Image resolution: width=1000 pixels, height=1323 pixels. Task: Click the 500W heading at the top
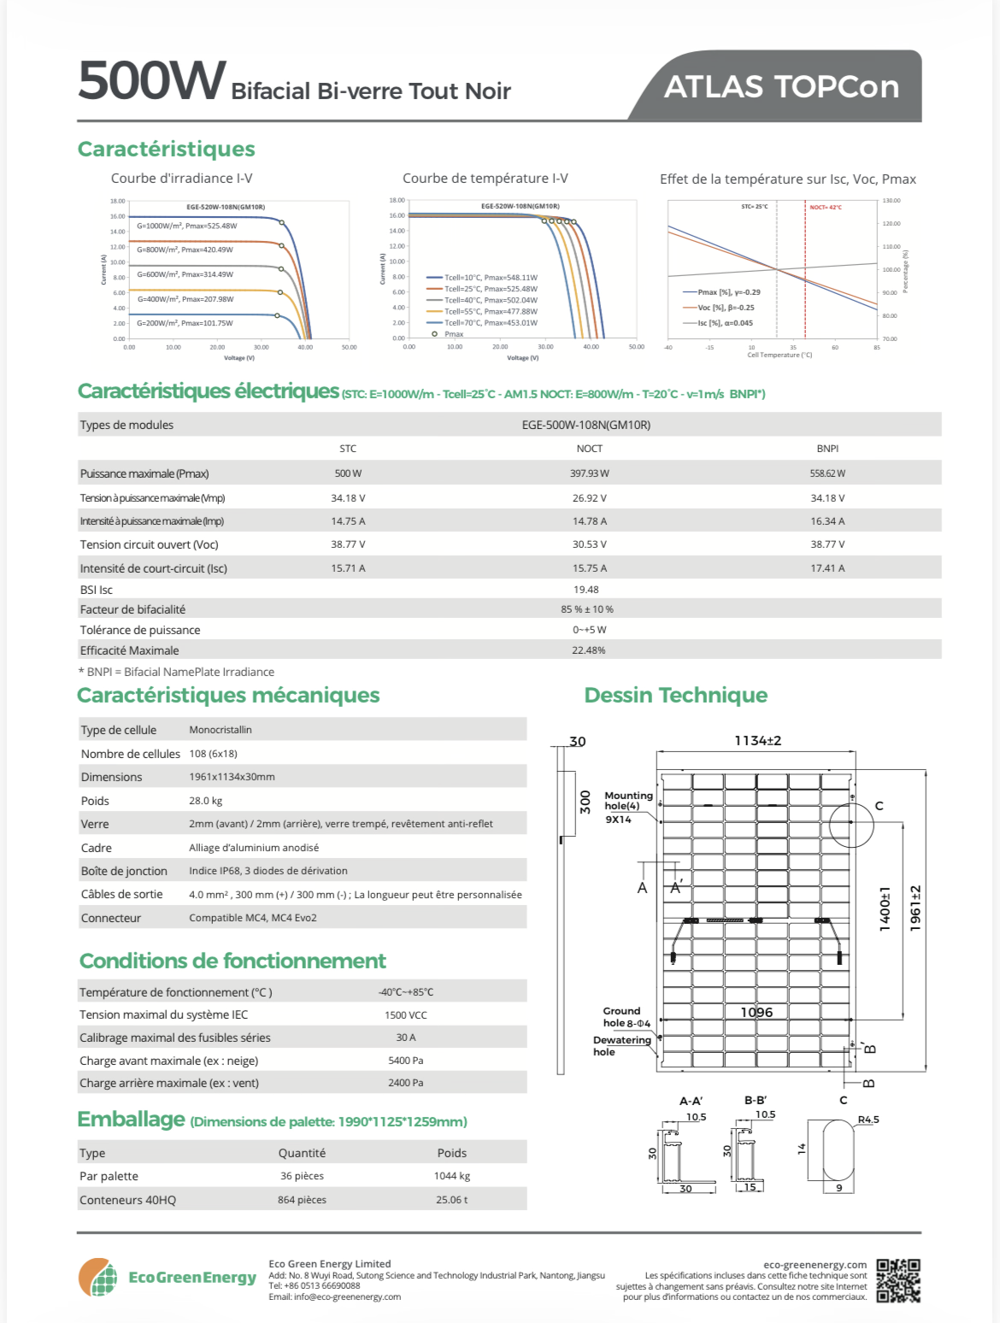152,81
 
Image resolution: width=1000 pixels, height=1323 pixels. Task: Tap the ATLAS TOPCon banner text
781,87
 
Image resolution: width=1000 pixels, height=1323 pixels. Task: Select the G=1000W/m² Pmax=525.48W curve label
186,226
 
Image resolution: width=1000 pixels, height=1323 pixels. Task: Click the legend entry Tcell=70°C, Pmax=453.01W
491,323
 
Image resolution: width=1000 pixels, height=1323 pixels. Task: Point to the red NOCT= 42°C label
826,208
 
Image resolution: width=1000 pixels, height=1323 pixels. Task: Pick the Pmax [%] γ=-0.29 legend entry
728,292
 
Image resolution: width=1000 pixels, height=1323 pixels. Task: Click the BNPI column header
827,449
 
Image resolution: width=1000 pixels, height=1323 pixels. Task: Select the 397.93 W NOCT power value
590,473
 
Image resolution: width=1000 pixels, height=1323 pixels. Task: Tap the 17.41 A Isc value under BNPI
827,568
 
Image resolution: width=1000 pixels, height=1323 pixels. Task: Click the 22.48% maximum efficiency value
589,650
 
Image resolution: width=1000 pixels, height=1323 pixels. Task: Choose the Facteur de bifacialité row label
132,609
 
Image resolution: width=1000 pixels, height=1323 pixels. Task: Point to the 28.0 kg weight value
206,801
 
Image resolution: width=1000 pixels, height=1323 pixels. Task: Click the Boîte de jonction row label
124,871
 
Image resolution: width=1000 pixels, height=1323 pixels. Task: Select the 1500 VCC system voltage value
406,1015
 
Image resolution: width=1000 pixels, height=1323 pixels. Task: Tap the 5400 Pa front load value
406,1061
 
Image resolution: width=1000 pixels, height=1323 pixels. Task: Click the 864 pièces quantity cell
302,1200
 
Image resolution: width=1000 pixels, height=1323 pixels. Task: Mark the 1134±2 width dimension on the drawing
757,741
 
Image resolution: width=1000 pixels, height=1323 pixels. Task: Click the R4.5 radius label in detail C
868,1120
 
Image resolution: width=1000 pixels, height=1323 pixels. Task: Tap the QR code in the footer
898,1280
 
